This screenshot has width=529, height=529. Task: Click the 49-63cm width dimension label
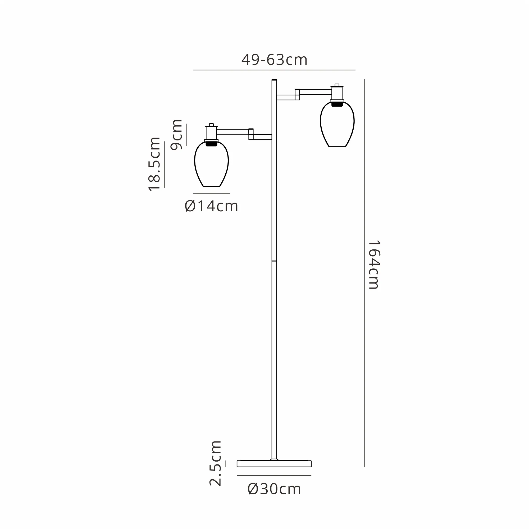[x=274, y=60]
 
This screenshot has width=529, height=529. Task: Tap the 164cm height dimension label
[x=374, y=265]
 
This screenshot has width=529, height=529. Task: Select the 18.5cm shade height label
[x=154, y=164]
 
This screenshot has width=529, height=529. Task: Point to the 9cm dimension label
[x=176, y=135]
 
